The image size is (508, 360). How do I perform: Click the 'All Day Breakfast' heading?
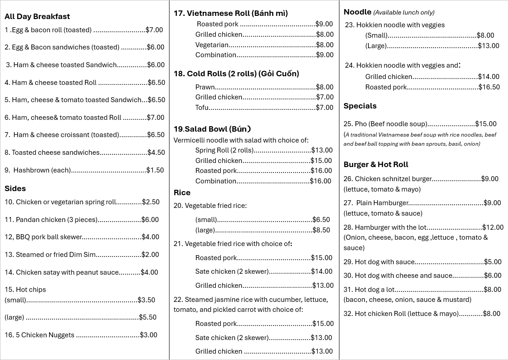[x=37, y=16]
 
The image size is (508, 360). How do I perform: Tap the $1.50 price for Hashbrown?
[x=155, y=170]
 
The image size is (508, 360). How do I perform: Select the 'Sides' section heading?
[x=15, y=188]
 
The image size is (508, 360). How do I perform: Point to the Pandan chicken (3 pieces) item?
[x=56, y=220]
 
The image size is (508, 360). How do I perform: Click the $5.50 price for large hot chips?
[x=148, y=317]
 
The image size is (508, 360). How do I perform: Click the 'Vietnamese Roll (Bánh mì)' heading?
[x=237, y=13]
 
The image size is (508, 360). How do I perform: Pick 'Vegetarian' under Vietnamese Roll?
[x=212, y=44]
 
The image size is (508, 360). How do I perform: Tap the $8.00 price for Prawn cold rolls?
[x=324, y=87]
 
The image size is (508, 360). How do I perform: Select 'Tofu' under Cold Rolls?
[x=202, y=108]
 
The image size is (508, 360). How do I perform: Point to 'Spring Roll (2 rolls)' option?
[x=224, y=150]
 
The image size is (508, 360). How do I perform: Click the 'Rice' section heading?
[x=182, y=192]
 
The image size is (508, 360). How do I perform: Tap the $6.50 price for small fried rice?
[x=321, y=220]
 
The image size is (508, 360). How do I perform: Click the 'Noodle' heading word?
[x=357, y=12]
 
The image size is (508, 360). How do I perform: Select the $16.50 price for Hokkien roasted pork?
[x=489, y=87]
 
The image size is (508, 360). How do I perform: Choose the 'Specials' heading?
[x=360, y=106]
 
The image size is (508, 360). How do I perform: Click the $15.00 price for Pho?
[x=486, y=123]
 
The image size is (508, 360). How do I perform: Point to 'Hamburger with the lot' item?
[x=391, y=227]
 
